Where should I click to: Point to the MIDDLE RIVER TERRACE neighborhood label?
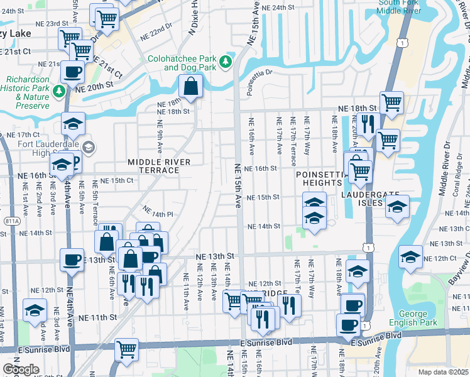point(158,166)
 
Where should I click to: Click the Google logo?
point(21,369)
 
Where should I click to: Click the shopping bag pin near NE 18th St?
point(190,87)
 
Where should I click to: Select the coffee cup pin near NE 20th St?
point(73,72)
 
